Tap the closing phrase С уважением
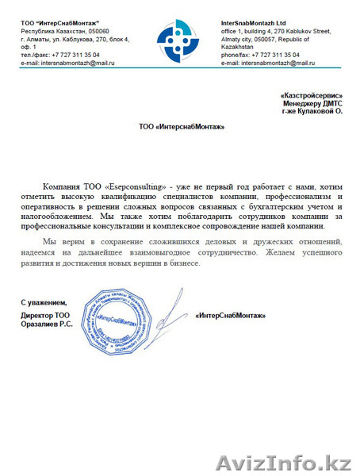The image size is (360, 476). tap(44, 304)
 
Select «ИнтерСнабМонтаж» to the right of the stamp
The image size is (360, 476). tap(229, 316)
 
